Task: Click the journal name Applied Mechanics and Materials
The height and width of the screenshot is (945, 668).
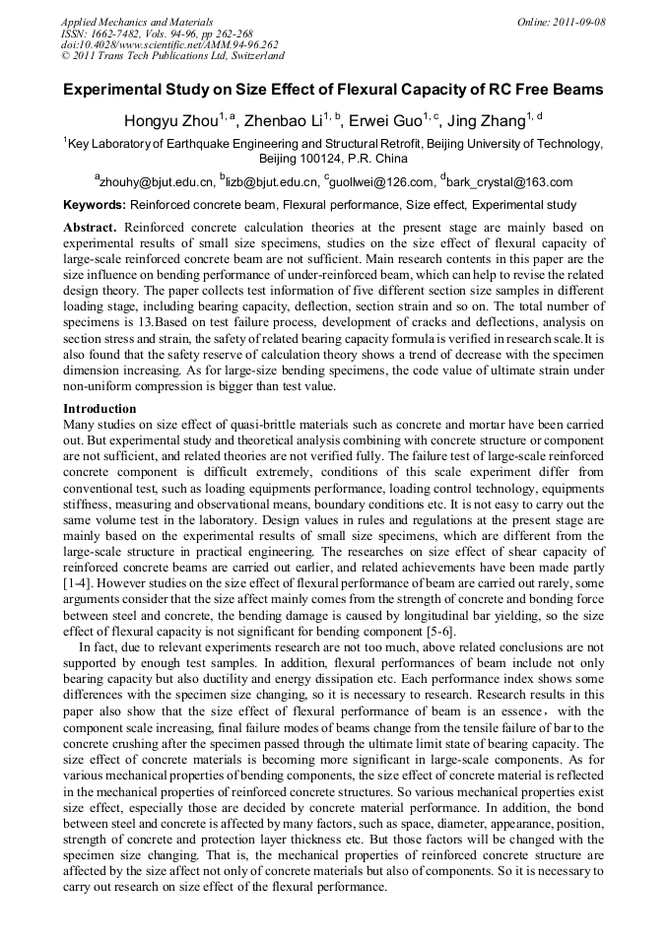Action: [x=137, y=21]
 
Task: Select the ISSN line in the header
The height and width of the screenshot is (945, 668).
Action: [x=157, y=33]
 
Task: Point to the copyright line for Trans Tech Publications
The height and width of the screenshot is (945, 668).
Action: [x=172, y=56]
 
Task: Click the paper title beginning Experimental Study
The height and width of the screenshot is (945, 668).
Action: [x=333, y=90]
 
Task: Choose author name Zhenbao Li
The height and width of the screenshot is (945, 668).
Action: [x=286, y=122]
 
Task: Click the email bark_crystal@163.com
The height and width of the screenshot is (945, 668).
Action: [x=509, y=182]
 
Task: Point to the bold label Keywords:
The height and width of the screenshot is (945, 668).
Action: [x=95, y=206]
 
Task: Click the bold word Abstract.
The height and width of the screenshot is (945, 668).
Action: [x=90, y=227]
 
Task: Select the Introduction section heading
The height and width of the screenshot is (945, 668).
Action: [x=100, y=408]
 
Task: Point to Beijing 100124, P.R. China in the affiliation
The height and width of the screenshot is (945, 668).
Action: [x=333, y=159]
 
